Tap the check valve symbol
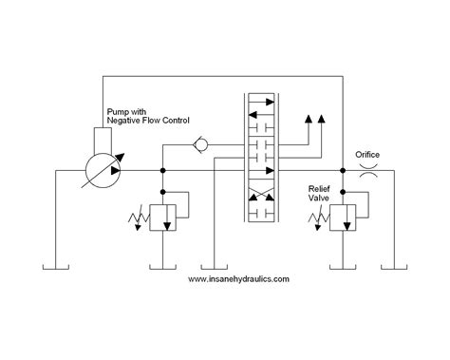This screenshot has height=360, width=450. [x=200, y=146]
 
